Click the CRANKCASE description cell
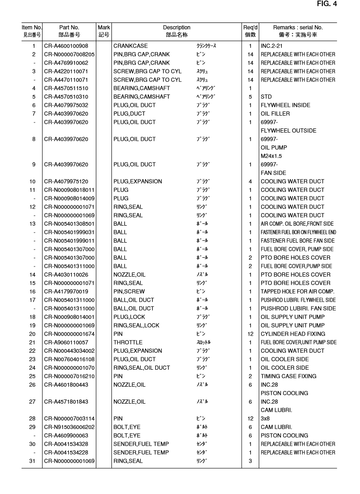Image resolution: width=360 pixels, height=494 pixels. point(131,46)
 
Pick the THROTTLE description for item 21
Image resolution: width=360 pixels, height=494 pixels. point(128,342)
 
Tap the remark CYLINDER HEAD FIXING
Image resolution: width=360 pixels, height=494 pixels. point(293,334)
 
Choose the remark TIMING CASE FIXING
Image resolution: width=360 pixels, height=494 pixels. point(288,376)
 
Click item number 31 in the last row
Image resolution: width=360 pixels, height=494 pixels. point(33,461)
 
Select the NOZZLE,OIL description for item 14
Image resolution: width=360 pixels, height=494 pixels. point(129,274)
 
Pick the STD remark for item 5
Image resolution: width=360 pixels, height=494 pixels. point(266,97)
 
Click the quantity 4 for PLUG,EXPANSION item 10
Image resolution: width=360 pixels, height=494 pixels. point(250,181)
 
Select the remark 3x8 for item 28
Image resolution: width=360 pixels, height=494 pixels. point(265,418)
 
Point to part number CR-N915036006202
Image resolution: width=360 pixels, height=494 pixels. point(69,427)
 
